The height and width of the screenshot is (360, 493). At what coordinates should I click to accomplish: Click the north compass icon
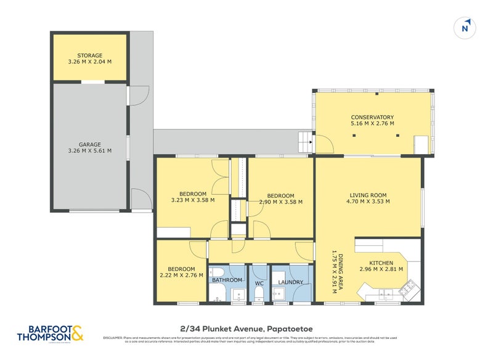tap(465, 28)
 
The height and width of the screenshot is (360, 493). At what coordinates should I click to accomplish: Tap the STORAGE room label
tap(89, 55)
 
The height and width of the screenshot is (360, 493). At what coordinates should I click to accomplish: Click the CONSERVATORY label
tap(372, 117)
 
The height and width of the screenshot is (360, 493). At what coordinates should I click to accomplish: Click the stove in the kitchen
tap(409, 286)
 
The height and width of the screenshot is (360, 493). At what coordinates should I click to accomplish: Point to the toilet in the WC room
tap(259, 291)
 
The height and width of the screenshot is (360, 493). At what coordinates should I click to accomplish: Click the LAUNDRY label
tap(290, 282)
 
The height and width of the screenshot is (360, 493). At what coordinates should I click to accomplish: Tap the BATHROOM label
tap(227, 280)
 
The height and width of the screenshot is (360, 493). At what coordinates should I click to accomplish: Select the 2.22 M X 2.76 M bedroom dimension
tap(181, 276)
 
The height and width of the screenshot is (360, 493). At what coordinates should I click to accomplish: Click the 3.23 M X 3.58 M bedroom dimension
tap(193, 200)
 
